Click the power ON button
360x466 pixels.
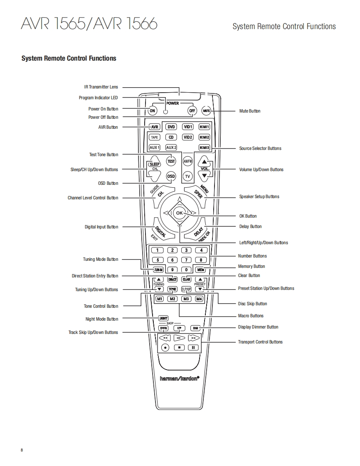153,111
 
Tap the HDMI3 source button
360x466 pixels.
204,147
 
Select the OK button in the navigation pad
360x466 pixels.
179,213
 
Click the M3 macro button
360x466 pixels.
187,299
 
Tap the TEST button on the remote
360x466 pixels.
171,161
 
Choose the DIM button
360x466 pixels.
195,328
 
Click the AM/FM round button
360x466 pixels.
188,161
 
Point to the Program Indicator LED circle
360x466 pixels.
165,112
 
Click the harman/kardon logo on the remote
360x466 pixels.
180,378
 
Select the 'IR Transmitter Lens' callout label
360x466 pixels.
101,87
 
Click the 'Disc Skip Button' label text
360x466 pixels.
252,304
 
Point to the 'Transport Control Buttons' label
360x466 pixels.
260,342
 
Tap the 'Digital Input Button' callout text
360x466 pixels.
101,227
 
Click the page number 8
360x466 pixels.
22,450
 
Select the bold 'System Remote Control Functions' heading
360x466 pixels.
69,59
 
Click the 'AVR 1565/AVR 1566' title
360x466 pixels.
89,24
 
